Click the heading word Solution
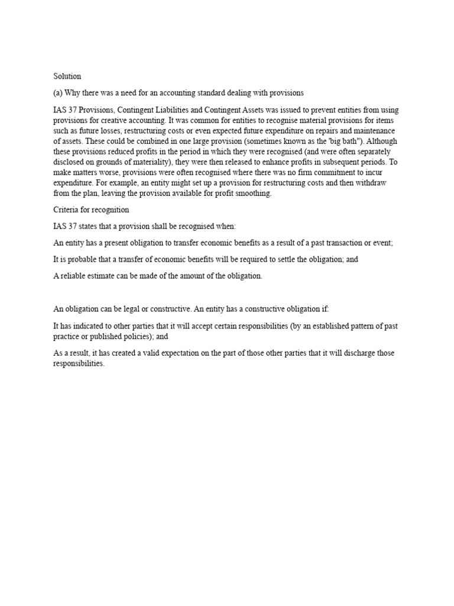click(67, 76)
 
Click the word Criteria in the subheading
click(66, 210)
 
